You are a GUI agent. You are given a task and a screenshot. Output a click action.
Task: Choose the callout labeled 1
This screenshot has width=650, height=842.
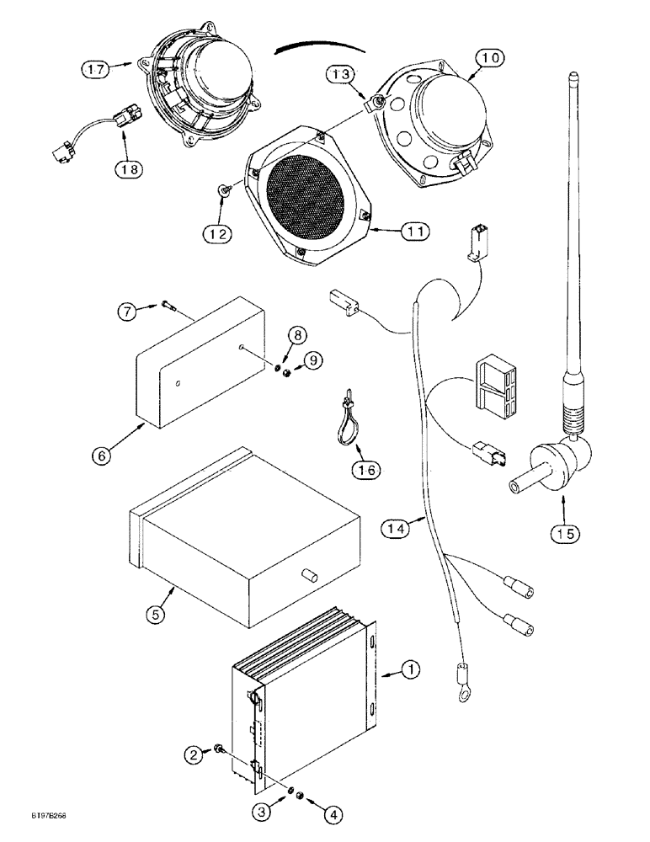pos(410,671)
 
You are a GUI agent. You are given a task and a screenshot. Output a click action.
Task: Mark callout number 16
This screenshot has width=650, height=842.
pos(368,468)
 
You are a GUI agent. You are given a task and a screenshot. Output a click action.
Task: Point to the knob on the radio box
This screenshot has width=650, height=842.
pos(308,577)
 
